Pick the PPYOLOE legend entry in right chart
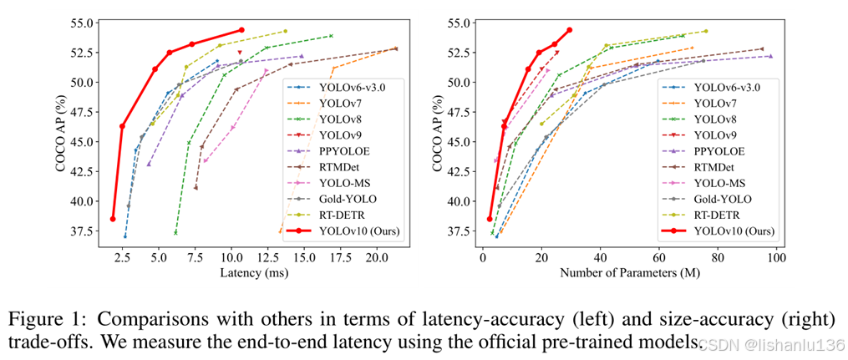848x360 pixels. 719,151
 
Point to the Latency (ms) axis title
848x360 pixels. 250,273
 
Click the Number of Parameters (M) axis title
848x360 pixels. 629,273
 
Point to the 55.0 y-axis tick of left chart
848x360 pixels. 78,23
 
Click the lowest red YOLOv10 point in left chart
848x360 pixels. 113,219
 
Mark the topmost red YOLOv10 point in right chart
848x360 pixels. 570,30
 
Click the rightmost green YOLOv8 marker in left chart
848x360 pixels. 332,36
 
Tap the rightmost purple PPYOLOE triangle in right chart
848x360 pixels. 770,56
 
